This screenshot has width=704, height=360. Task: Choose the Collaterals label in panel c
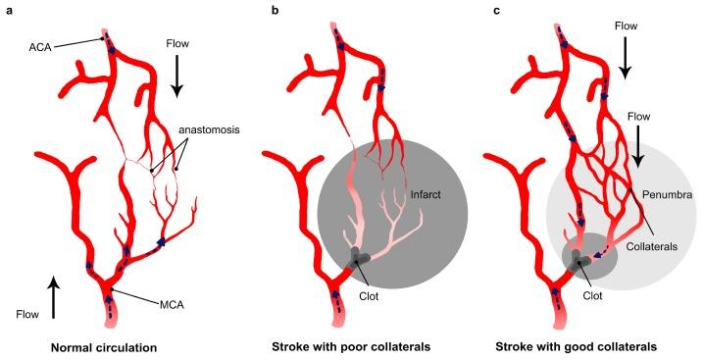[x=654, y=247]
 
